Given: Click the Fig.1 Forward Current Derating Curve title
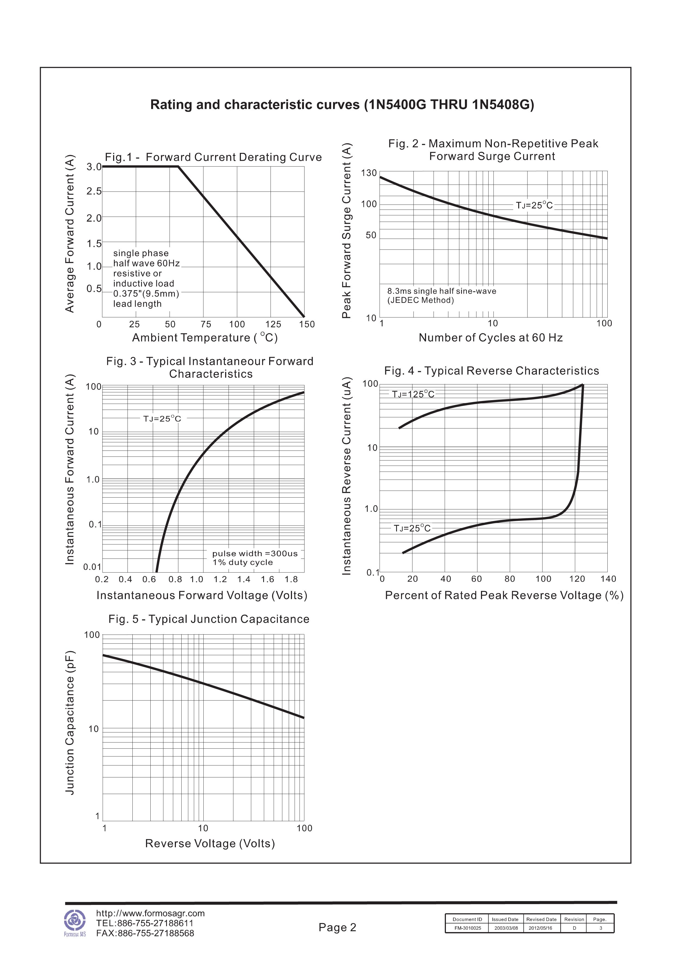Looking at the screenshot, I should click(213, 157).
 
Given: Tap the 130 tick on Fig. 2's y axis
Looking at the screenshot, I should click(369, 173).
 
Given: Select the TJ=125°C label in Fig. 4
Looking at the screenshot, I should click(413, 394).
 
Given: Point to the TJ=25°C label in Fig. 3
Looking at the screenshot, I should click(162, 419).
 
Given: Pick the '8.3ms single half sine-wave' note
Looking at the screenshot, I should click(442, 291).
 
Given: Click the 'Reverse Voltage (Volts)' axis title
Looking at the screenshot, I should click(210, 844).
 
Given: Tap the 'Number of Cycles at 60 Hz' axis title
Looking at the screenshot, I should click(490, 338).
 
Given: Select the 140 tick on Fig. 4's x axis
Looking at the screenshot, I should click(608, 579).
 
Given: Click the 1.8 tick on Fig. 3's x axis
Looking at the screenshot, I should click(291, 579).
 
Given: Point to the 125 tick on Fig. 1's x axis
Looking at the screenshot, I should click(273, 325).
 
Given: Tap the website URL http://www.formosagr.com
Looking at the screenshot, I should click(150, 913).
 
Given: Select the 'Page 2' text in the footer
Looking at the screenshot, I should click(337, 927).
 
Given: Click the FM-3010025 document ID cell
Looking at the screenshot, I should click(468, 928).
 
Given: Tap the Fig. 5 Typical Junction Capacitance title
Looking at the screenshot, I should click(209, 619).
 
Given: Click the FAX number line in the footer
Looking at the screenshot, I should click(145, 933).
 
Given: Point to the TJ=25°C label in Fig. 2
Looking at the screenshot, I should click(534, 205).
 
